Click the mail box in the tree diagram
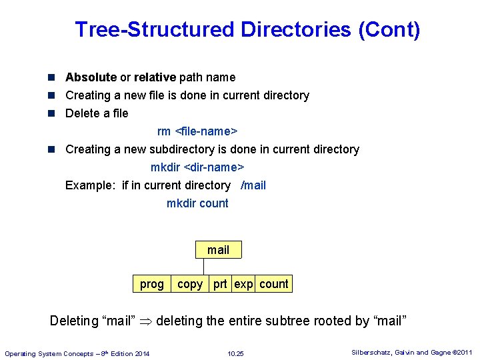click(x=218, y=250)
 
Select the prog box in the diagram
click(x=151, y=284)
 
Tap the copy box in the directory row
click(x=190, y=284)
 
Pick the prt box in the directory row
click(x=221, y=284)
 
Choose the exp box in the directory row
click(x=243, y=284)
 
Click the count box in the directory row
click(x=273, y=284)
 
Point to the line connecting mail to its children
click(x=203, y=266)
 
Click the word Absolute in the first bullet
click(x=91, y=77)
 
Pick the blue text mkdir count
click(x=197, y=203)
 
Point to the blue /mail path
click(x=253, y=185)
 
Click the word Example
click(x=90, y=185)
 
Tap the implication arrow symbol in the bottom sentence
click(x=145, y=321)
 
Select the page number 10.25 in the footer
click(x=235, y=353)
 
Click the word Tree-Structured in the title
click(x=155, y=30)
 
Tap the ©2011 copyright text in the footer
click(x=461, y=353)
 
